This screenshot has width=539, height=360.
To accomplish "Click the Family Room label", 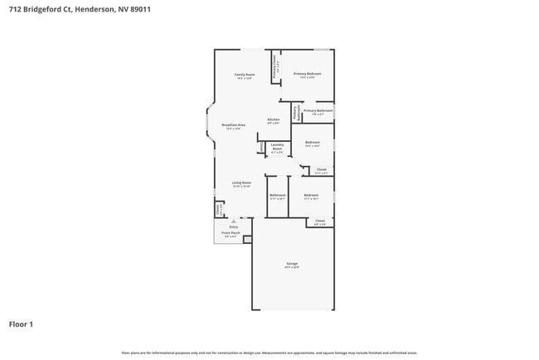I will point(244,75).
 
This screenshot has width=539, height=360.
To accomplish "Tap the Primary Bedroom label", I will point(307,74).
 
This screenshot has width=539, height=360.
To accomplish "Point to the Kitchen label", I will point(273,119).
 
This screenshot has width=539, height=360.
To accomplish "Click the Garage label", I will point(292,264).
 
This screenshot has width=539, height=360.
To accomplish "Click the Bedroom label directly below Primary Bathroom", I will point(312,143).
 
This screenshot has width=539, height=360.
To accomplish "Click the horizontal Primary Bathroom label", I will point(318,110).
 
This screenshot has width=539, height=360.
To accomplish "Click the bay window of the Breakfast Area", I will point(208,123).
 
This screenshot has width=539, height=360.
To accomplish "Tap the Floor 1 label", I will point(21,324).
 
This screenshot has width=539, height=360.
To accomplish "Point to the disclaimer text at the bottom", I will point(269,353).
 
